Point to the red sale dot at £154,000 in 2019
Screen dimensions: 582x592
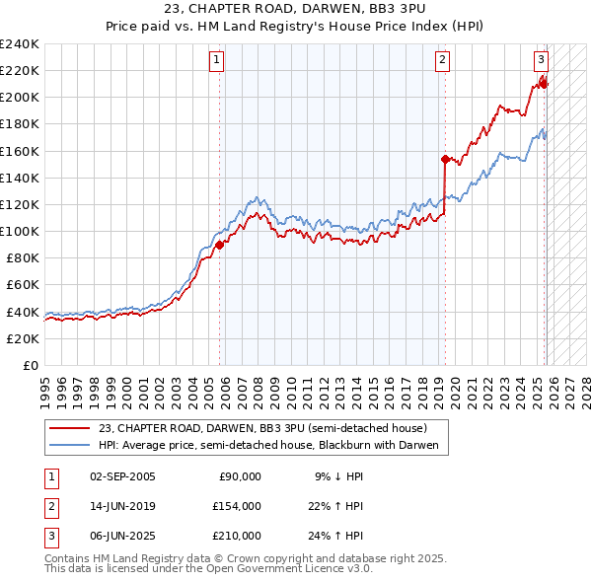445,159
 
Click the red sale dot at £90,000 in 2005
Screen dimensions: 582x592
219,245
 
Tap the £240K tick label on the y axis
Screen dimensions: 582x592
19,44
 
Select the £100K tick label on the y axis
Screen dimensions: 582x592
19,231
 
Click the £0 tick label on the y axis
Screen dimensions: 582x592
32,365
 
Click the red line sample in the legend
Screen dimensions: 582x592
70,428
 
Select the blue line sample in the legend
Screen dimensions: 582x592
70,446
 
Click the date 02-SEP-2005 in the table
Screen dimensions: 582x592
122,476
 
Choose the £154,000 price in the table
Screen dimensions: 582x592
236,506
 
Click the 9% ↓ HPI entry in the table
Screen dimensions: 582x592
338,476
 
